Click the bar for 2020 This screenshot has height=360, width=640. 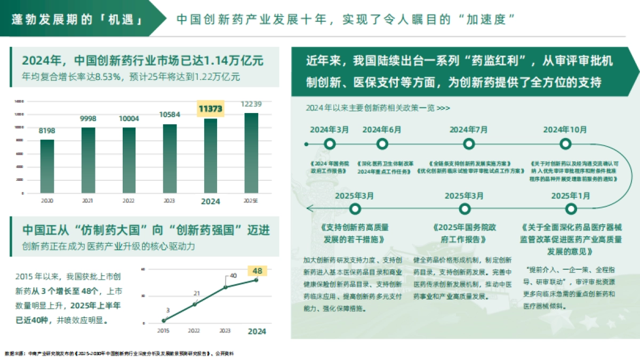[47, 166]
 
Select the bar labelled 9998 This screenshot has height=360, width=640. [89, 160]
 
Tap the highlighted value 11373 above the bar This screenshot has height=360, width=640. [210, 109]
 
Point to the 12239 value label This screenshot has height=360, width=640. [251, 103]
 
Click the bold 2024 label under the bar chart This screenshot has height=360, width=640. [210, 202]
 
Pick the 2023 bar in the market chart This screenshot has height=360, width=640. [170, 158]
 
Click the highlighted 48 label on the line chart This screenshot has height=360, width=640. [257, 271]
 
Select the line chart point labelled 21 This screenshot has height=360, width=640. [195, 303]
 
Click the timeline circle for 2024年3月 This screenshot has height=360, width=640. [330, 144]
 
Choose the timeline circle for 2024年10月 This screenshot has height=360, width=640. [565, 144]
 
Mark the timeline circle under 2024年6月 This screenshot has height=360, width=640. [382, 144]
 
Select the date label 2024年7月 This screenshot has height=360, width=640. [468, 130]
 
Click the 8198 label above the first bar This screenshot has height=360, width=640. [47, 131]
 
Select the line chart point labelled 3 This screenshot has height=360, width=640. [164, 321]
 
